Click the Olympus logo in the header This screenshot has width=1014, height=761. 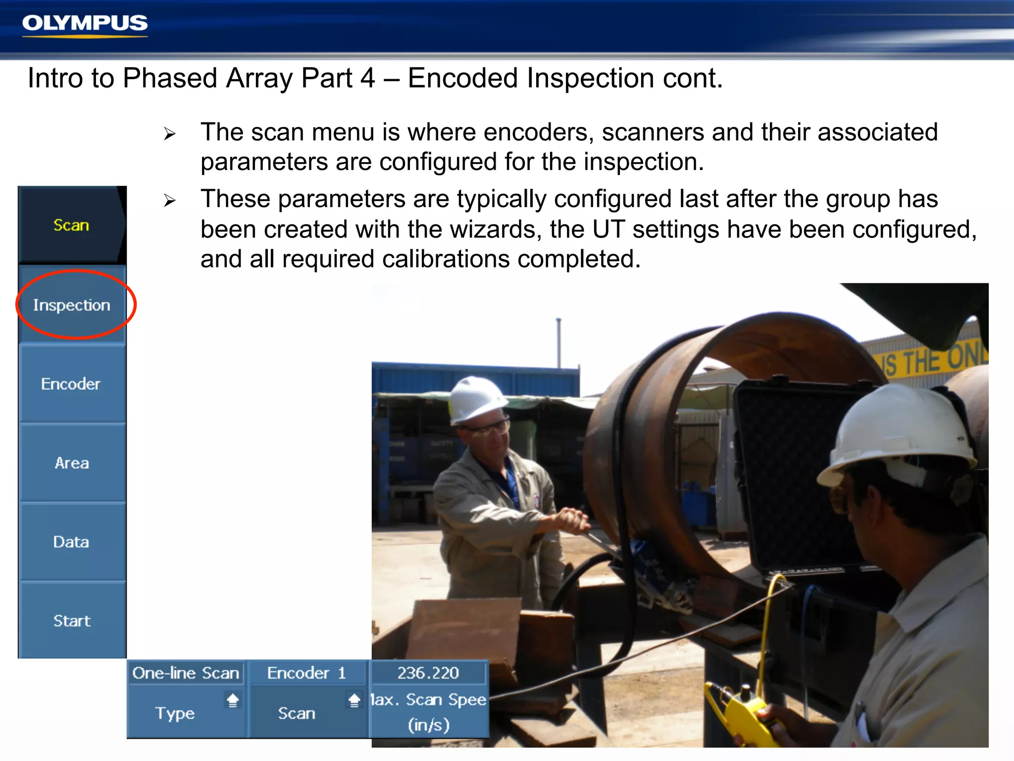[x=85, y=24]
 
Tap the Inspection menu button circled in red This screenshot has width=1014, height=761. [x=72, y=305]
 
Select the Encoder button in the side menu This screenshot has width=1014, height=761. [x=71, y=384]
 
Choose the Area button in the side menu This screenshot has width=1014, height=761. [x=72, y=463]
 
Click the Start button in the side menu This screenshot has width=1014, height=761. [x=72, y=621]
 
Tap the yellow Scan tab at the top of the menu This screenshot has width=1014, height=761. [x=71, y=225]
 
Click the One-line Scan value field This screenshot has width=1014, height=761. [x=186, y=673]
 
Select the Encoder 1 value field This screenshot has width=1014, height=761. [x=306, y=673]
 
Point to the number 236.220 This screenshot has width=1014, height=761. [x=428, y=673]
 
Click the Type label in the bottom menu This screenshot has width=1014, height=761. [x=175, y=713]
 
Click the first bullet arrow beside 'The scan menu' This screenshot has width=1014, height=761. [x=170, y=134]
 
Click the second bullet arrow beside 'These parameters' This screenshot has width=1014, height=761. [x=170, y=201]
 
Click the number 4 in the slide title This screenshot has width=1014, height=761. [x=367, y=78]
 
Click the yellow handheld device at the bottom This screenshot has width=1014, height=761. [x=743, y=713]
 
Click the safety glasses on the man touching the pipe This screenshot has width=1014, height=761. [x=488, y=428]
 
